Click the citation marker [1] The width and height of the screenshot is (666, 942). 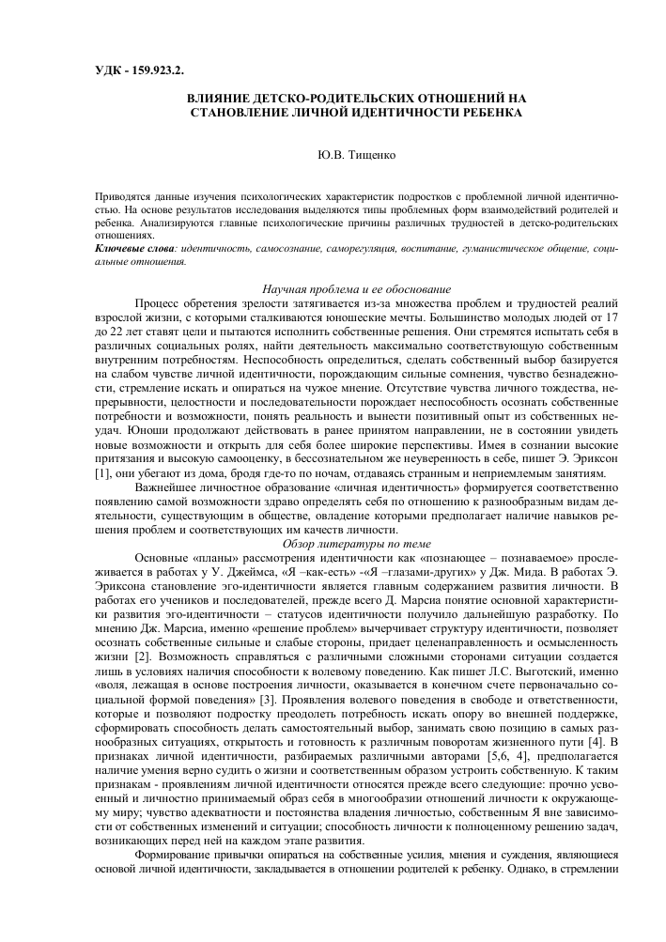tap(105, 474)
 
